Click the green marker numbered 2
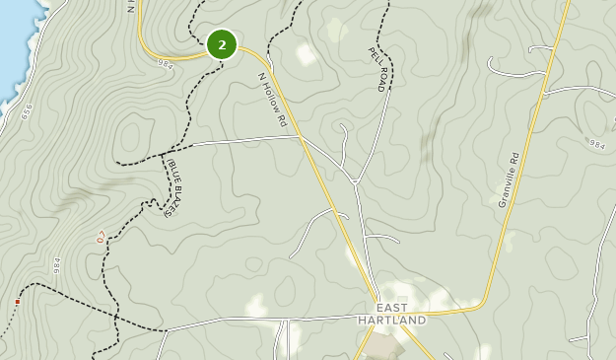[222, 44]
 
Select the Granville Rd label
[509, 178]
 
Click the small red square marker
[18, 301]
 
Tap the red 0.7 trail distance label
[101, 238]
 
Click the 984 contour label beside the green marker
[166, 63]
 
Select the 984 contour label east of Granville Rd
[596, 144]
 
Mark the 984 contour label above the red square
[56, 266]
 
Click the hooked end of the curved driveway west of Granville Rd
[491, 62]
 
